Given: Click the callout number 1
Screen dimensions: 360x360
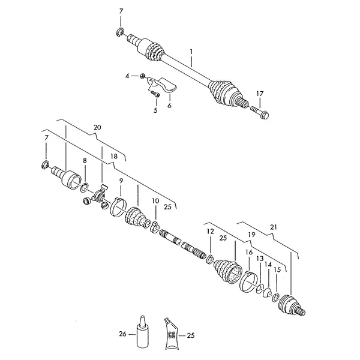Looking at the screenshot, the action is click(x=191, y=52).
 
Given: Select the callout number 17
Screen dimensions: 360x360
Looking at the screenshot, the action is click(x=260, y=94).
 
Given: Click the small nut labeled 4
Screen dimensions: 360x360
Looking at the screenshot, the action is click(x=142, y=76).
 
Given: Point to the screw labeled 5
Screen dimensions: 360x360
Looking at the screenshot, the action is click(x=155, y=94).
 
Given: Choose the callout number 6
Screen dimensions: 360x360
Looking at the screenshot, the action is click(x=169, y=106).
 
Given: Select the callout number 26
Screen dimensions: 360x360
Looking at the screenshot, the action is click(x=122, y=334).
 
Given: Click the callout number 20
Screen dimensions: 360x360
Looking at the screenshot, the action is click(x=97, y=127).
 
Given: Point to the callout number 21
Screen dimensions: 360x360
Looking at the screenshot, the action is click(x=274, y=227).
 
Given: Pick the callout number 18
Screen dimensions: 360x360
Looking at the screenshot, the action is click(x=114, y=157).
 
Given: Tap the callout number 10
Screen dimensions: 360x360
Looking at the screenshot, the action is click(x=155, y=201).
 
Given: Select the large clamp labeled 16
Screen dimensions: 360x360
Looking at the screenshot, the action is click(x=247, y=282).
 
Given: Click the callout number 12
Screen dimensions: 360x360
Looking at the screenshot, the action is click(x=211, y=232).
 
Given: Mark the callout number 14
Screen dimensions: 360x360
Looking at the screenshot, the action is click(x=268, y=265).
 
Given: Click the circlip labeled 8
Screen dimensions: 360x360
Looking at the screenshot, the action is click(x=85, y=187).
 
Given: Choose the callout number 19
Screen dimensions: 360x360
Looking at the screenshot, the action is click(x=251, y=235).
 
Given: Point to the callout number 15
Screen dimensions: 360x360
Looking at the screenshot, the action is click(x=277, y=269).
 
